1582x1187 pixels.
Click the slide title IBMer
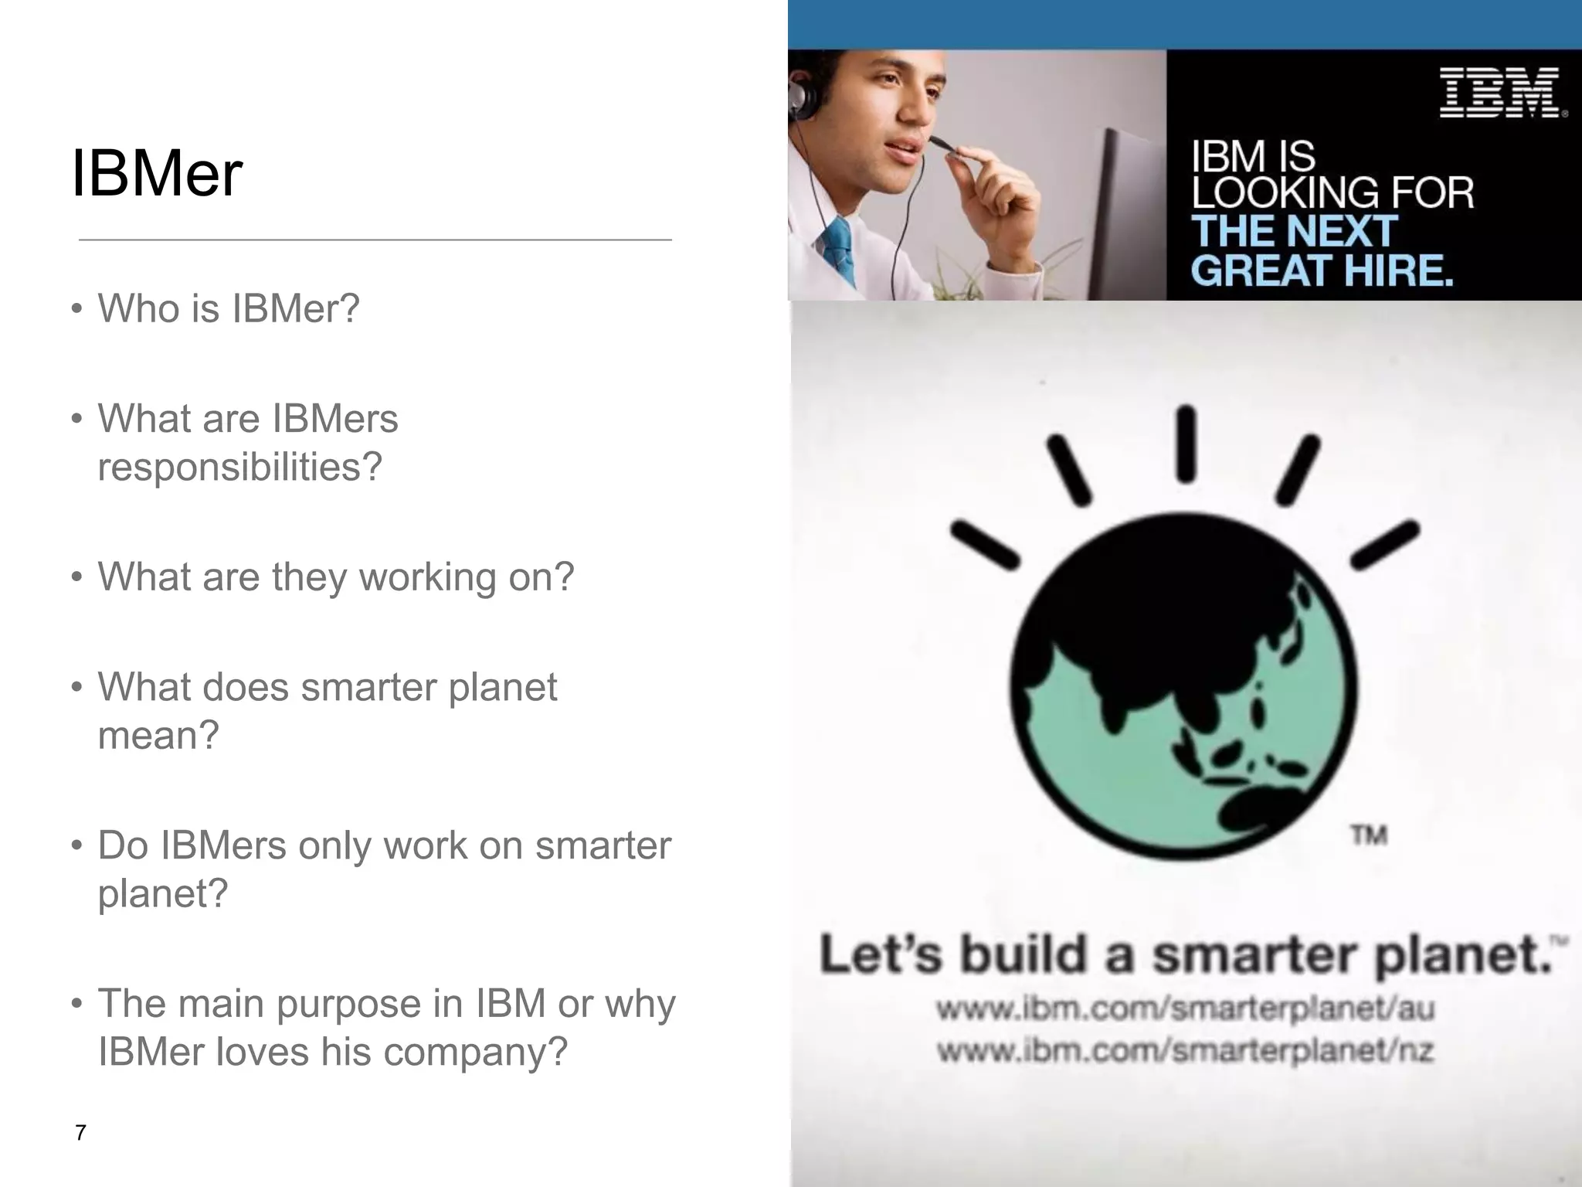(157, 174)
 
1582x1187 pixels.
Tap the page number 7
(80, 1133)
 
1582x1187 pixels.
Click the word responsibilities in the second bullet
(239, 467)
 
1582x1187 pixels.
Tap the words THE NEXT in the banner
(1294, 231)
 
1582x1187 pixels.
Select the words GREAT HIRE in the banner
(1322, 270)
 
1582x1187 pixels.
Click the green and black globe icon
(1182, 686)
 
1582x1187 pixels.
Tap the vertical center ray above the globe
(1186, 444)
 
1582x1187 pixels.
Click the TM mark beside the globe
(1369, 835)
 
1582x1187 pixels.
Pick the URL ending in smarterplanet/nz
(1185, 1050)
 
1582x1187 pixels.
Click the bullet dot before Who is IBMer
(76, 309)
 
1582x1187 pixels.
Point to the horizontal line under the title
(375, 240)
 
